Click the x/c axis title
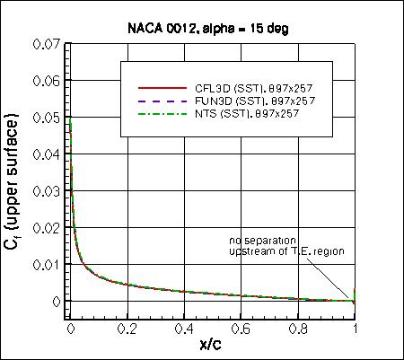pos(213,346)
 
